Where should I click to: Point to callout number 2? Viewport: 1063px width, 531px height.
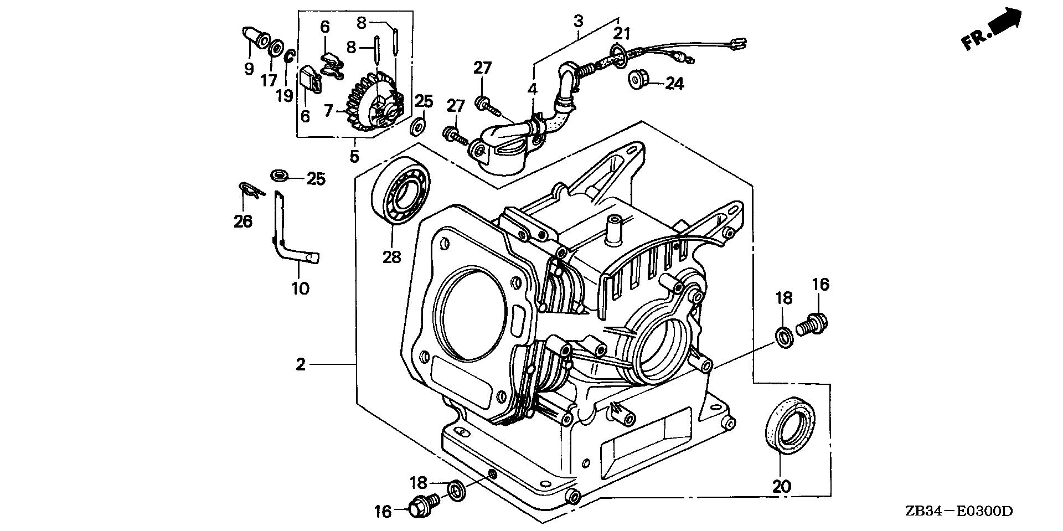click(x=301, y=364)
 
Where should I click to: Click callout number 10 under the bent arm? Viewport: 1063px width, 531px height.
click(x=300, y=288)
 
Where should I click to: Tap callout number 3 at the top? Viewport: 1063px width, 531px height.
click(x=578, y=22)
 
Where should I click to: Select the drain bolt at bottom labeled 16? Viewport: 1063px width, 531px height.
click(x=421, y=506)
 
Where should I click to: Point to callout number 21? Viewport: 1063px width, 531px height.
click(x=622, y=34)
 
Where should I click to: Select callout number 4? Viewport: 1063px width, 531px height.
click(x=533, y=89)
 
